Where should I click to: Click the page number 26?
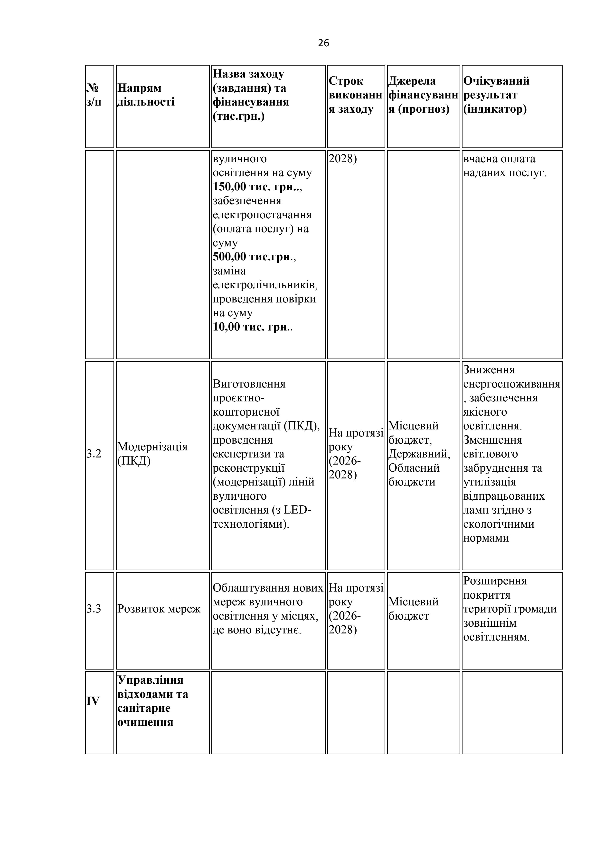tap(323, 43)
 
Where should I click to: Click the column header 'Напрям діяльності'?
tap(146, 95)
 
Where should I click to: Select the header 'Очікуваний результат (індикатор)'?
tap(496, 95)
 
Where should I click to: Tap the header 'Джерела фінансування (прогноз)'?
tap(423, 95)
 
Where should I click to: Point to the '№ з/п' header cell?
tap(94, 95)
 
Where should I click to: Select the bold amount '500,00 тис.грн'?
tap(251, 257)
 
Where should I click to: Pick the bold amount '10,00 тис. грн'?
tap(250, 327)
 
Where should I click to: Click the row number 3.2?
tap(94, 454)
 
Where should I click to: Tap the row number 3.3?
tap(94, 609)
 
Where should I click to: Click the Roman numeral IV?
tap(93, 701)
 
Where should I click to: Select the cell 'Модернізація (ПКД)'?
tap(152, 454)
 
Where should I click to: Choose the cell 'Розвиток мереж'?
tap(159, 609)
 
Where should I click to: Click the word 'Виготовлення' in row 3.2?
tap(249, 384)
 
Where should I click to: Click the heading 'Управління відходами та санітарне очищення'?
tap(152, 701)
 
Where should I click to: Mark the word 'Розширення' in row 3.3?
tap(495, 581)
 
